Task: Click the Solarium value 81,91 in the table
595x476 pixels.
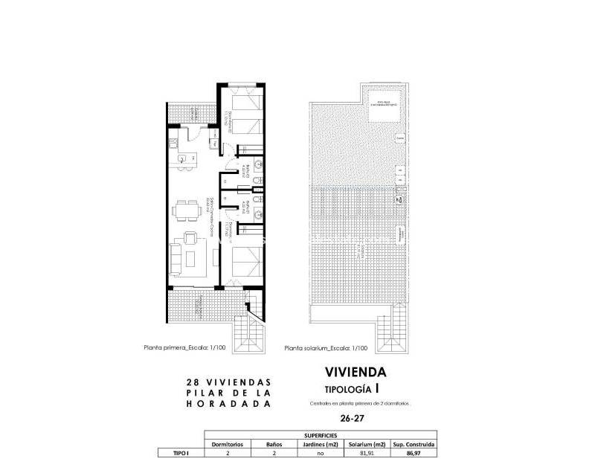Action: tap(367, 452)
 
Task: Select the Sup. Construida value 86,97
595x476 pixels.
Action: tap(414, 452)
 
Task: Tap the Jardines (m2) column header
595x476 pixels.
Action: tap(320, 443)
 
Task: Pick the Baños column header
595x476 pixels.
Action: tap(274, 443)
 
